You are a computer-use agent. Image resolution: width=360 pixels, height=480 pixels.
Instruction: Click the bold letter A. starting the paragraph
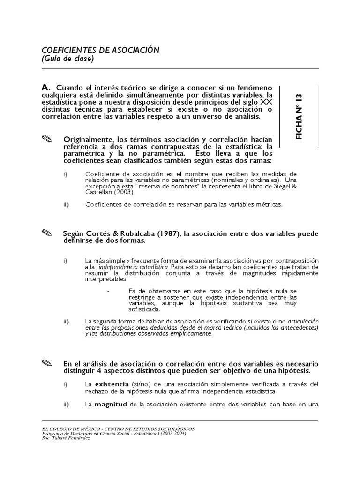(x=46, y=88)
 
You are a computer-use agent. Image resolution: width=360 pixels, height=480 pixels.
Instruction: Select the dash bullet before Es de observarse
(x=108, y=291)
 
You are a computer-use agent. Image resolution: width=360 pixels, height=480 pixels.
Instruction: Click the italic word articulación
(x=303, y=322)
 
